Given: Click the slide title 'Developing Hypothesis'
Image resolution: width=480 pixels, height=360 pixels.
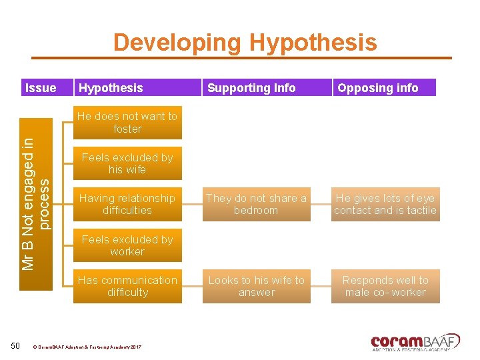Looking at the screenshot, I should pyautogui.click(x=245, y=43).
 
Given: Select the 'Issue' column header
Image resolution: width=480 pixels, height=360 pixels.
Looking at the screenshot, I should pyautogui.click(x=40, y=88).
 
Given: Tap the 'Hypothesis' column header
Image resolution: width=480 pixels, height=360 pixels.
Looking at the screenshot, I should pyautogui.click(x=111, y=88).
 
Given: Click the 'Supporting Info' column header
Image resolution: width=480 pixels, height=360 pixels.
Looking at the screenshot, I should pyautogui.click(x=251, y=88).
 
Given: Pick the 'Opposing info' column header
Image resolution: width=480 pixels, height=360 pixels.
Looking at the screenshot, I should pyautogui.click(x=378, y=88).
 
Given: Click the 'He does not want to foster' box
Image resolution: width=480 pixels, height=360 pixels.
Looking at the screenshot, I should pyautogui.click(x=127, y=122).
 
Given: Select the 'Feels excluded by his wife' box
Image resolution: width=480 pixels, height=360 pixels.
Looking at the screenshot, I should pyautogui.click(x=127, y=163).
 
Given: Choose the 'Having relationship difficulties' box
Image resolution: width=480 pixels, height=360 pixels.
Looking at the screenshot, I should pyautogui.click(x=127, y=204).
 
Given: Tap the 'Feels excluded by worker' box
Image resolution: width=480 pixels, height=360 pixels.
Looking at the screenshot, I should pyautogui.click(x=127, y=245).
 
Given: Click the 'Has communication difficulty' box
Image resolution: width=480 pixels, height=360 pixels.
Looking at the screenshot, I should pyautogui.click(x=127, y=286).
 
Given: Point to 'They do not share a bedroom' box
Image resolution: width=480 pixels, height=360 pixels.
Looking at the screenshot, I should pyautogui.click(x=256, y=204).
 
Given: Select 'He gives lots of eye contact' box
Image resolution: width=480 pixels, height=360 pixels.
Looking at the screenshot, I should pyautogui.click(x=385, y=204).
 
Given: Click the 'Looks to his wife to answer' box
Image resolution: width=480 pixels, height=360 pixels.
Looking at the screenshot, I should pyautogui.click(x=256, y=286).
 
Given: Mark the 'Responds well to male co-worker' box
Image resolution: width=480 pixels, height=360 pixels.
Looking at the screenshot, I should pyautogui.click(x=385, y=286).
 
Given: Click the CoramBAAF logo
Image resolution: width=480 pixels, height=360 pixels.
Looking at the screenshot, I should pyautogui.click(x=415, y=341).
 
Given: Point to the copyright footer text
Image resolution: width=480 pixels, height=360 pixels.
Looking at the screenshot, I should pyautogui.click(x=87, y=347).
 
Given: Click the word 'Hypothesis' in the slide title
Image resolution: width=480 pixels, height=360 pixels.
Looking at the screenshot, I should pyautogui.click(x=313, y=43).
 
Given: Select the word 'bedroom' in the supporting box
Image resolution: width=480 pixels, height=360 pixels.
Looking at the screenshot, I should pyautogui.click(x=256, y=211).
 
